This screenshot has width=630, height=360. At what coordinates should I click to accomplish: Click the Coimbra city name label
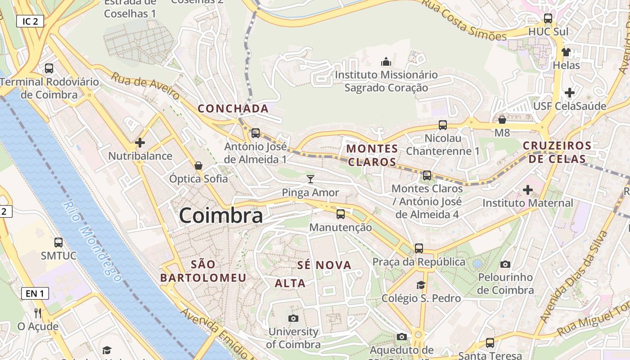pos(221,216)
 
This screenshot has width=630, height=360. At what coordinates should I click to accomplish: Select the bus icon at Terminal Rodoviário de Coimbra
pos(49,68)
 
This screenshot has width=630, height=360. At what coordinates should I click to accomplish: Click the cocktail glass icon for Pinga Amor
pos(310,179)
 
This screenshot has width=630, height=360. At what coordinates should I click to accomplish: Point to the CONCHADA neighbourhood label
pos(233,108)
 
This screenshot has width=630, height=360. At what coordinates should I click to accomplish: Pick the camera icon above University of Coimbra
pos(293,319)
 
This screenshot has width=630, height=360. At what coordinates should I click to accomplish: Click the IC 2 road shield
pos(30,21)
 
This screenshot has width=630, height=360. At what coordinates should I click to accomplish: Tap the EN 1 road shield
pos(35,294)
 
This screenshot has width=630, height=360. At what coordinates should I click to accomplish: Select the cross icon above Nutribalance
pos(140,143)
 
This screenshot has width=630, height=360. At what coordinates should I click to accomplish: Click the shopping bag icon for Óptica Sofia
pos(198,166)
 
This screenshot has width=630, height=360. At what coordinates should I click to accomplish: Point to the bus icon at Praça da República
pos(419,248)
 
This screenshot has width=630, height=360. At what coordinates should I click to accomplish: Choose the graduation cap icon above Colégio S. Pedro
pos(421,285)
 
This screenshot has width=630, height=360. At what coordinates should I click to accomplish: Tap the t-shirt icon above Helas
pos(566,52)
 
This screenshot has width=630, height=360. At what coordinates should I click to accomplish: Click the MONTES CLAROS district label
pos(372,155)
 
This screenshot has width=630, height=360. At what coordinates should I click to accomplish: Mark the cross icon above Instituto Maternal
pos(528,190)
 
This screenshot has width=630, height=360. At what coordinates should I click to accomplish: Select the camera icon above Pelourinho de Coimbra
pos(505,264)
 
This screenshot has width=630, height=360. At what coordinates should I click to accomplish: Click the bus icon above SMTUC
pos(58,243)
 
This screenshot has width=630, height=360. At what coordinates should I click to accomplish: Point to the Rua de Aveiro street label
pos(145,86)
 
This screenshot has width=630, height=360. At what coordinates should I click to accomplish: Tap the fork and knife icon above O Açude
pos(38,313)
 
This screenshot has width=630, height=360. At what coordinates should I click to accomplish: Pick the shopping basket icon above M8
pos(502,120)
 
